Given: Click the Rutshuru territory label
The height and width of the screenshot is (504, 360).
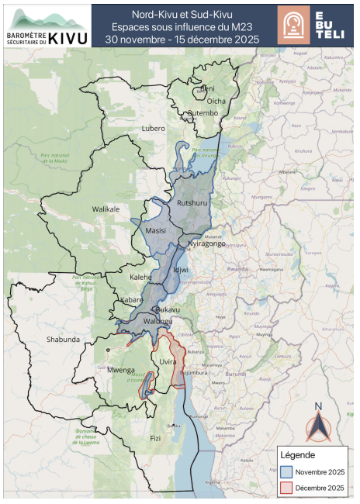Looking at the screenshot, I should pos(193,203).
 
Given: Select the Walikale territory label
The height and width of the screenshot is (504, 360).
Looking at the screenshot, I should pos(106,209).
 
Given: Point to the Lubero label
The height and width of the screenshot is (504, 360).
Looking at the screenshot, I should pos(154,129).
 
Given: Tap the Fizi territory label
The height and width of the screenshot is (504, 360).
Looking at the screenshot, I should pos(155,438).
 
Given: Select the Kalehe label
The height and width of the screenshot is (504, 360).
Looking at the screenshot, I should pos(140,277).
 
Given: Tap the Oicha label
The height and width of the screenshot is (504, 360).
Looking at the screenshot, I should pos(216,101).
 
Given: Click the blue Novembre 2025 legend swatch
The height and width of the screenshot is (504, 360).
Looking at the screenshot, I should pos(287,471).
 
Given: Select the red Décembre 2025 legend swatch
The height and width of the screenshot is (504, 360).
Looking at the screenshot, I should pos(287,487).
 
